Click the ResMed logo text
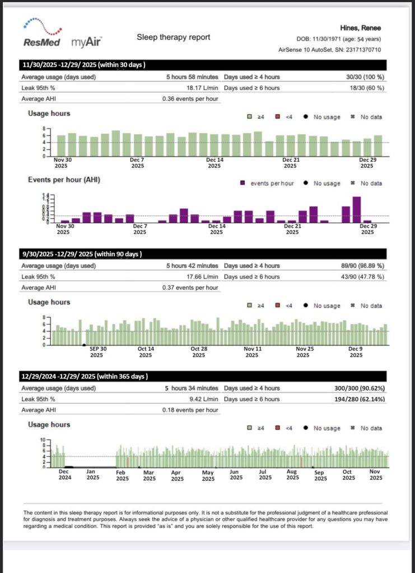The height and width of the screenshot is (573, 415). click(x=41, y=43)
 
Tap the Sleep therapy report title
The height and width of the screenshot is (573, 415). click(x=173, y=37)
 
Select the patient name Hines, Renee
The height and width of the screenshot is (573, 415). click(x=360, y=28)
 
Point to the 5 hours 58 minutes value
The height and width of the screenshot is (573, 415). click(x=192, y=77)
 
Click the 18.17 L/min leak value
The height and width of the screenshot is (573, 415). click(x=202, y=88)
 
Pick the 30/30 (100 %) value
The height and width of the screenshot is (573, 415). click(x=365, y=77)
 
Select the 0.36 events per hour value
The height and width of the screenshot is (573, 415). click(x=190, y=99)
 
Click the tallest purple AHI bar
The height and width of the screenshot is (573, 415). click(x=357, y=209)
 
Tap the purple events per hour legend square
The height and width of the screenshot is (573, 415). click(x=243, y=183)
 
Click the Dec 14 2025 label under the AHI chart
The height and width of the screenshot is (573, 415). click(x=217, y=229)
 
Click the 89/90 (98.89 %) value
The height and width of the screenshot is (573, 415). click(x=363, y=266)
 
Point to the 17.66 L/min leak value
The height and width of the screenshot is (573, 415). click(x=202, y=277)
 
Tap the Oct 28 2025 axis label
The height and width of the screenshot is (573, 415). click(x=199, y=352)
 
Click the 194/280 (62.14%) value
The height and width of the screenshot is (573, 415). click(x=360, y=400)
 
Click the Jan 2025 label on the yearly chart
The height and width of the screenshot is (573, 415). click(x=93, y=475)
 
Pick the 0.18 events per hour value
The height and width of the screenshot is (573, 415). click(x=190, y=410)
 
